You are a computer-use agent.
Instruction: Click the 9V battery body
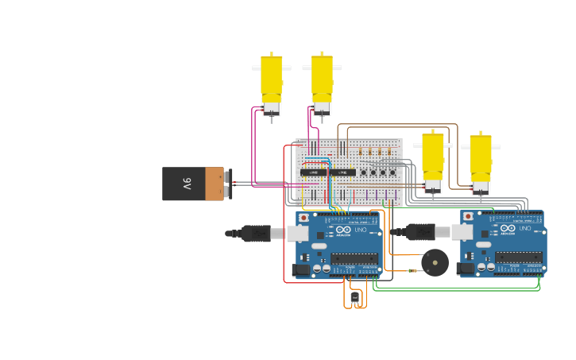click(x=184, y=184)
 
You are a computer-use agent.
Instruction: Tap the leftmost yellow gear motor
click(x=272, y=81)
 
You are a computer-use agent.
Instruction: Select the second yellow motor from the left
click(x=322, y=81)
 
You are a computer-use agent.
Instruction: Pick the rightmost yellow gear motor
click(x=480, y=161)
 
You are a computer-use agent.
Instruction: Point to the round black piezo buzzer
click(x=435, y=261)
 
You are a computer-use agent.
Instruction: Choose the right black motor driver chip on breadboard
click(x=342, y=172)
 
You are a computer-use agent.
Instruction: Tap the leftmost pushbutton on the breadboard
click(x=364, y=172)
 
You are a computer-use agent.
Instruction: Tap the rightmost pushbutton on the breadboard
click(x=392, y=172)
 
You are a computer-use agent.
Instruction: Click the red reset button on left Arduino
click(x=303, y=216)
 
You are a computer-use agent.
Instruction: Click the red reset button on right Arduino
click(x=468, y=216)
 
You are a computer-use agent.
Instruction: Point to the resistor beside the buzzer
click(x=412, y=271)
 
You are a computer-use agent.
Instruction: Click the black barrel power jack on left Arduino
click(x=301, y=270)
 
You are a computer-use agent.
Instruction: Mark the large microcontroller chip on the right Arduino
click(x=520, y=257)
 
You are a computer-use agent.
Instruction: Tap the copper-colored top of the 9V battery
click(x=215, y=184)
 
